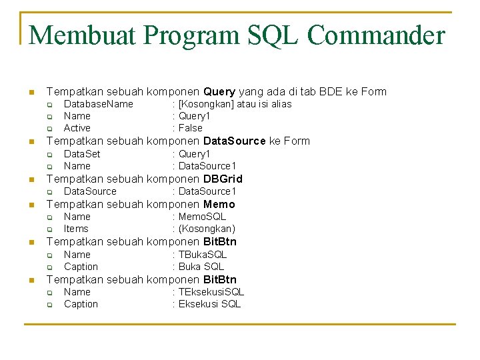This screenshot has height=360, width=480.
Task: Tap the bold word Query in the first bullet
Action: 219,92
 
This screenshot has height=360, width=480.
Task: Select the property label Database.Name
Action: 98,104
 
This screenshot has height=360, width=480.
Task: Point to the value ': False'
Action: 187,128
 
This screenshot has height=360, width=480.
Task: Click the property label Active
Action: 77,128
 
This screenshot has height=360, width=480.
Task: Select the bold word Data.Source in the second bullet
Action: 234,141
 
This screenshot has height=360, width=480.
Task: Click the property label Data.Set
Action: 82,154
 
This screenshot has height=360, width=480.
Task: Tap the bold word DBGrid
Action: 223,179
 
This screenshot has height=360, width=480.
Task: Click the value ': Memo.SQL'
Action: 199,217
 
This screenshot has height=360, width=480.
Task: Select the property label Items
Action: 76,229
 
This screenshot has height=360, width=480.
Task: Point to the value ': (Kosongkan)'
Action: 204,229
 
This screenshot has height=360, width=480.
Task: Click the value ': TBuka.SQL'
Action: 199,255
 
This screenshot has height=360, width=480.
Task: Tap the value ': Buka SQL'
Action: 198,267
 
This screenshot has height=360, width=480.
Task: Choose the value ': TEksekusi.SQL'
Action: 208,292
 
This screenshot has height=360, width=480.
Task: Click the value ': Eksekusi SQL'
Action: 207,304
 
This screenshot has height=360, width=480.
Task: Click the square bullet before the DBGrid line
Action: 30,179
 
